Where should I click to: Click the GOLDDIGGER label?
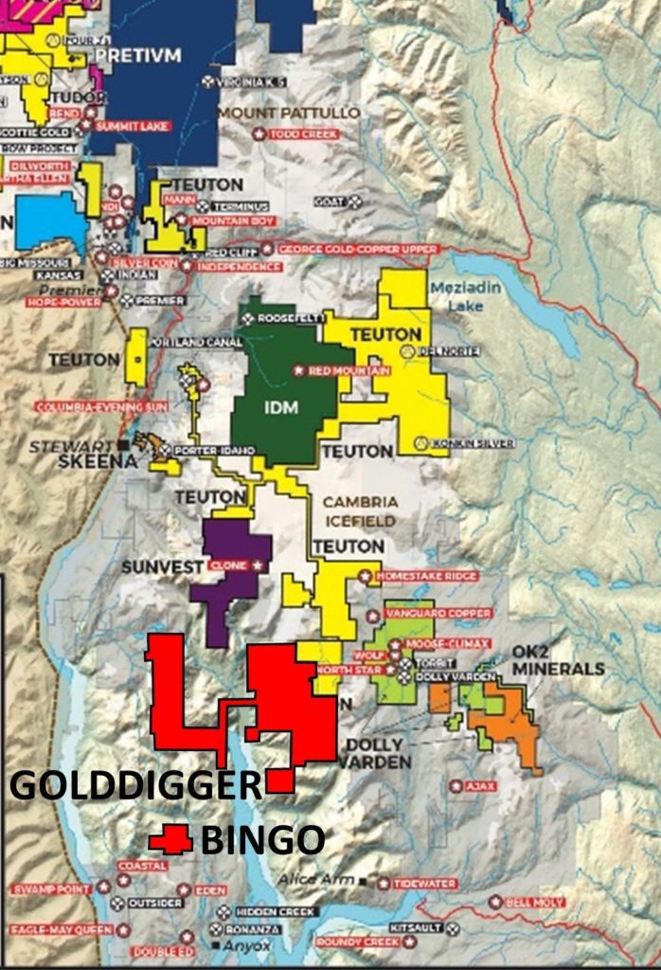(x=135, y=786)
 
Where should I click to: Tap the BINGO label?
(x=262, y=840)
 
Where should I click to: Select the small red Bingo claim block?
(x=171, y=839)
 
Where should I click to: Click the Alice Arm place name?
(x=317, y=880)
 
